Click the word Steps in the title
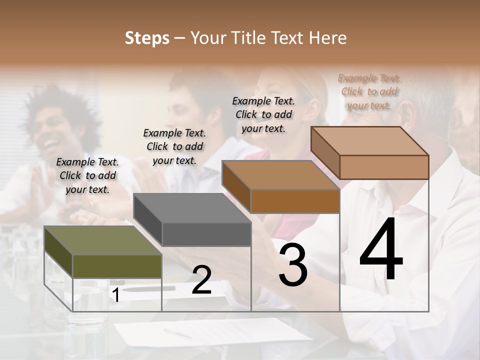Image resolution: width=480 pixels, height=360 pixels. pos(147,38)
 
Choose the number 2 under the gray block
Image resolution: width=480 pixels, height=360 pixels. pos(201,280)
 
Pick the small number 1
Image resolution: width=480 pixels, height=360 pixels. pos(115,295)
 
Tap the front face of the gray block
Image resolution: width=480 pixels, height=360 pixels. pos(206,234)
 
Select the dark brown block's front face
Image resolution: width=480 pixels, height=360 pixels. pos(295,201)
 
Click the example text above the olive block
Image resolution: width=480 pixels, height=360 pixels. pos(87,175)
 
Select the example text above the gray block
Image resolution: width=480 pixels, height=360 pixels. pos(174,146)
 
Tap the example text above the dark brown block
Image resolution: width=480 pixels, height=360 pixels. pos(263,114)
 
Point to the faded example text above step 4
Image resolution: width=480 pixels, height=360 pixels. pos(369,91)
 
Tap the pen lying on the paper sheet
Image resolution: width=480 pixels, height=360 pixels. pos(177,333)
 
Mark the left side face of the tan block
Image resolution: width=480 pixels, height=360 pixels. pos(325,152)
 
